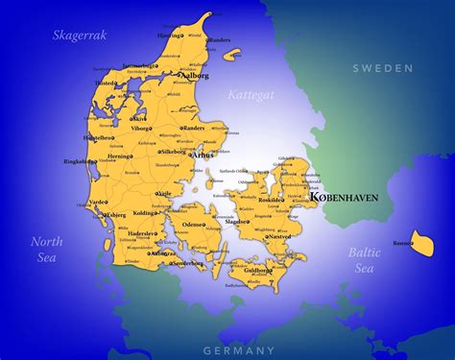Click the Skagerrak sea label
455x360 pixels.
coord(79,35)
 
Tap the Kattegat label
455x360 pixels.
coord(251,95)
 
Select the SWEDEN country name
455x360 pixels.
coord(382,68)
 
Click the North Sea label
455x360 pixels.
coord(46,249)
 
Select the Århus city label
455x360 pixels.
coord(204,154)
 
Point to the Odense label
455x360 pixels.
coord(193,224)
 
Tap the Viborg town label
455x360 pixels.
coord(140,127)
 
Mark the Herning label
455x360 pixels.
coord(120,156)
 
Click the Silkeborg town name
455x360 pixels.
coord(174,152)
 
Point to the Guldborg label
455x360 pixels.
coord(257,271)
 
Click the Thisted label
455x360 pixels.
coord(106,84)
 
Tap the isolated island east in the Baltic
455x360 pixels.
coord(422,244)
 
